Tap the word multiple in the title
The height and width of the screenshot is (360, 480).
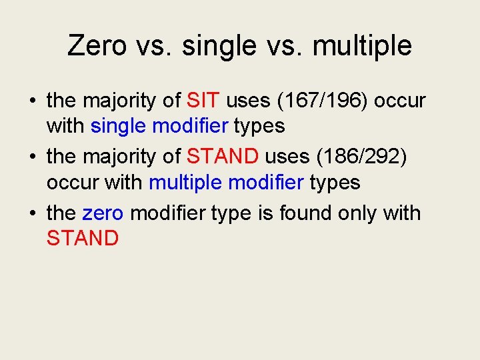coord(361,46)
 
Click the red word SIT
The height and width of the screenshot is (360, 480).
coord(203,101)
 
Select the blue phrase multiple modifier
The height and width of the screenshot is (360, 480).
coord(227,182)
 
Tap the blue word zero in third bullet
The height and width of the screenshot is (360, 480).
coord(103,213)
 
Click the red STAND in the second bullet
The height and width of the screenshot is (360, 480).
coord(223,157)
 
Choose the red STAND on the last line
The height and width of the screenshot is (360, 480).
coord(83,238)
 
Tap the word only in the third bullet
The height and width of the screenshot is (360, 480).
coord(364,213)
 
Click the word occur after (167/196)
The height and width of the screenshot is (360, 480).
coord(400,101)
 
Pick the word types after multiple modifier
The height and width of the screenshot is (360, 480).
coord(335,182)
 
